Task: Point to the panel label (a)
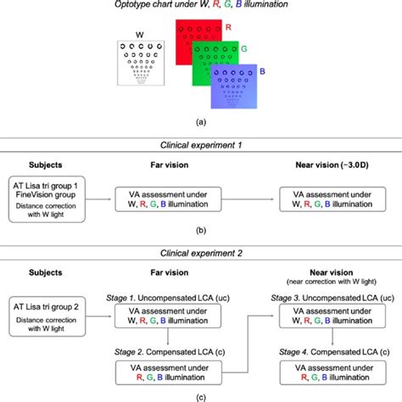pos(200,121)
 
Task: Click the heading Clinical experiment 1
pos(200,146)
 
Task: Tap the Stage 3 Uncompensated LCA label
pos(329,299)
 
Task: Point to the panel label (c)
pos(200,395)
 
